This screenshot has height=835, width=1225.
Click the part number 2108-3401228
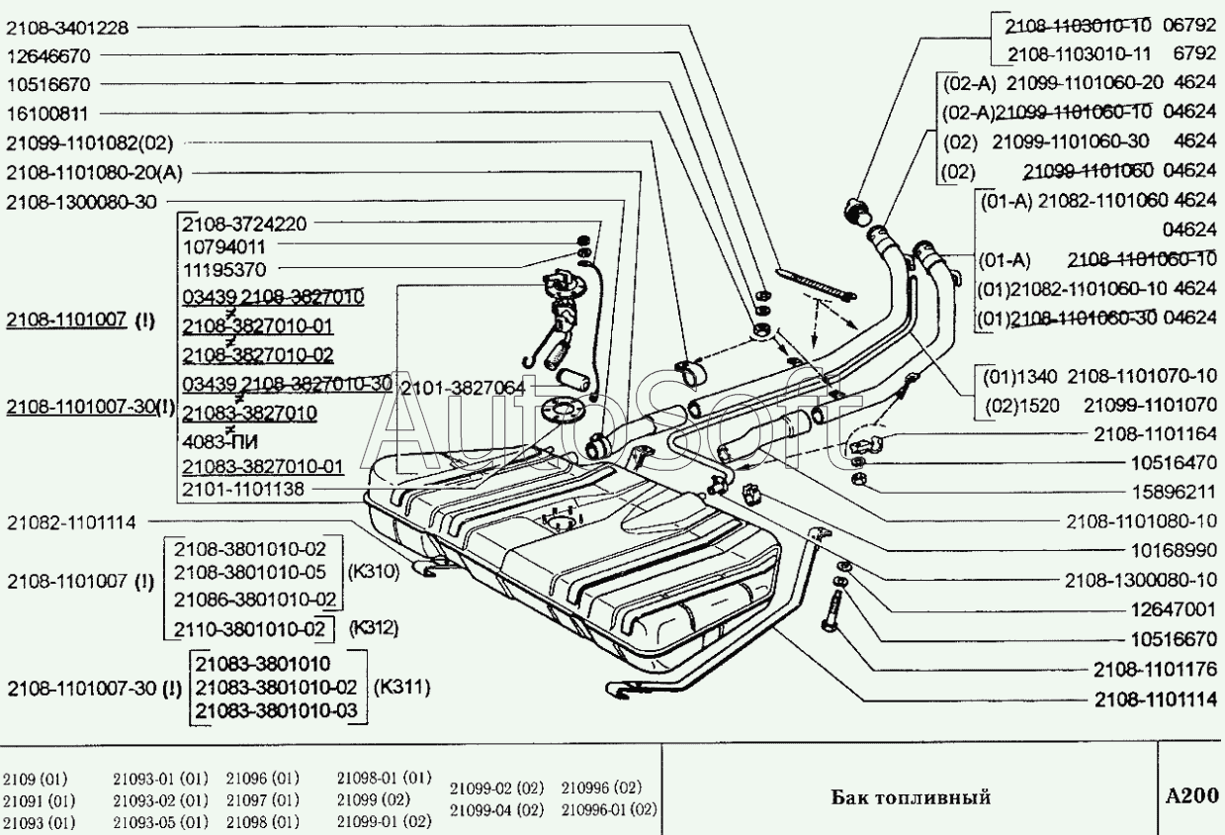[67, 28]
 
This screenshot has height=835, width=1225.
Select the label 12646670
[50, 56]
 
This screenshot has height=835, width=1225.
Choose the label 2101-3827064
[461, 389]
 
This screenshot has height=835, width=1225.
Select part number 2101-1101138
[244, 489]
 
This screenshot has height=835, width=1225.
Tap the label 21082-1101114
[71, 521]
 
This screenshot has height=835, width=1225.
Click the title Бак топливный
[910, 796]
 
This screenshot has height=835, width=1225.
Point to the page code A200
[1190, 795]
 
